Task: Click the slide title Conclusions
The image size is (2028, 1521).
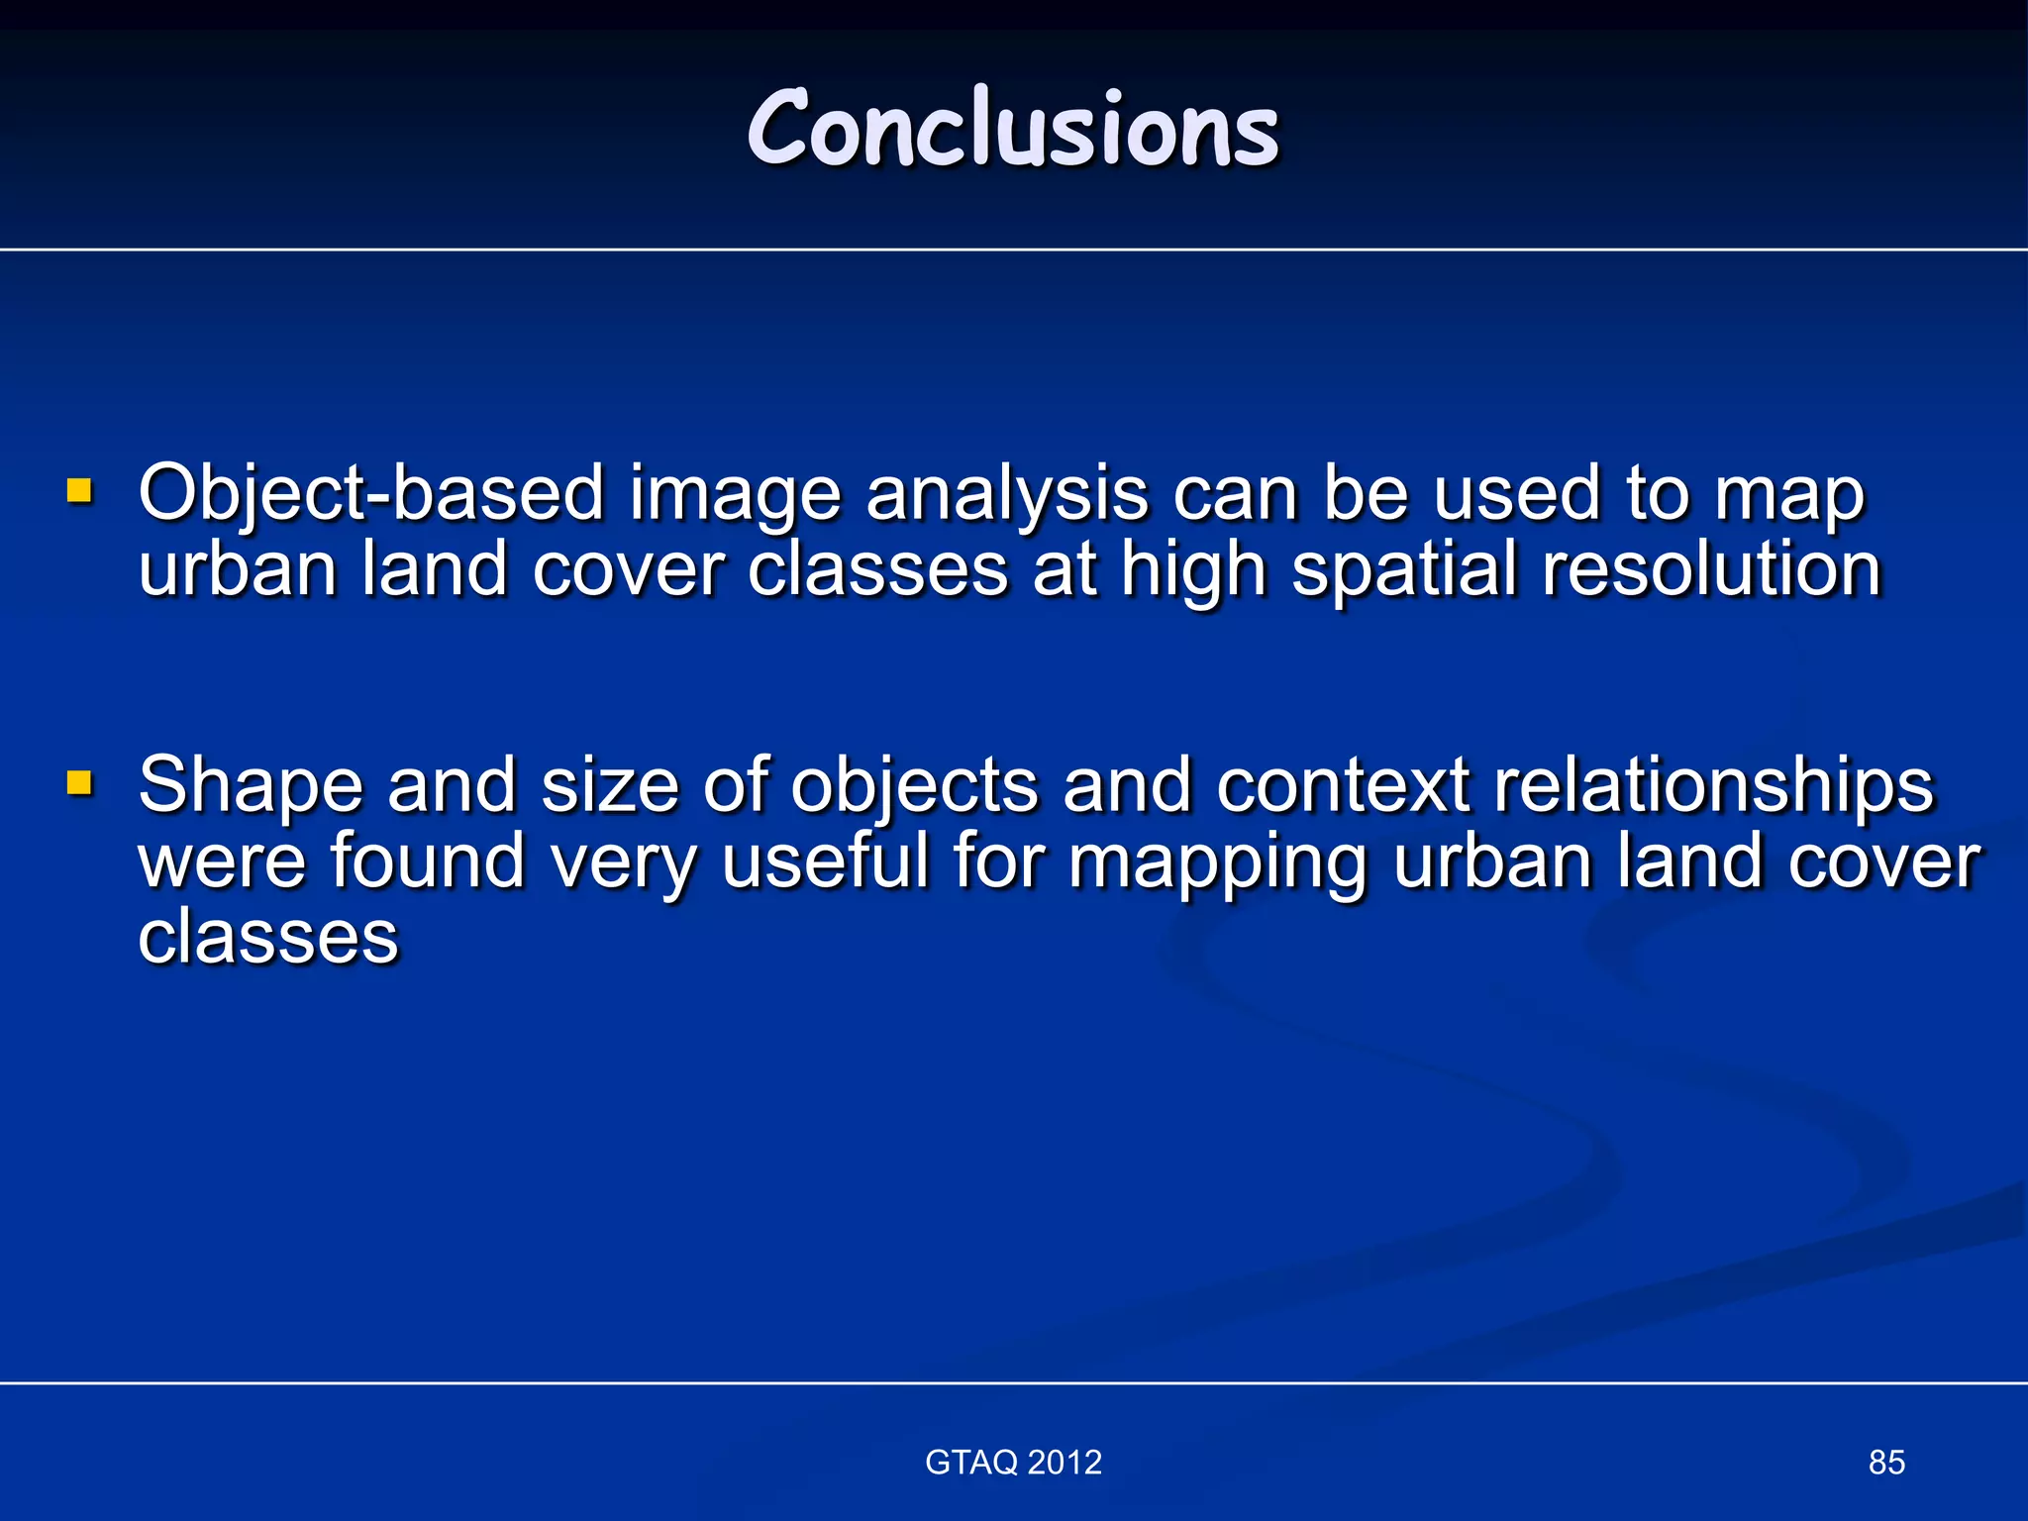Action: pyautogui.click(x=1013, y=129)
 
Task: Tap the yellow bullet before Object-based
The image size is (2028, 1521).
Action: pyautogui.click(x=79, y=490)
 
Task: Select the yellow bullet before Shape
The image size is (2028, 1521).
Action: pyautogui.click(x=79, y=783)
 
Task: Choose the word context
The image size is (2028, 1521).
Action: pyautogui.click(x=1342, y=784)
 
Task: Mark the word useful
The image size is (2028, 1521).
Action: pyautogui.click(x=825, y=860)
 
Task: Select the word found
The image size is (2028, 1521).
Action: pyautogui.click(x=427, y=860)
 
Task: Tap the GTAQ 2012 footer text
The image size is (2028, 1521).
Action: pyautogui.click(x=1013, y=1462)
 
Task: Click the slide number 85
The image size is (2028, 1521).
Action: pyautogui.click(x=1886, y=1462)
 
